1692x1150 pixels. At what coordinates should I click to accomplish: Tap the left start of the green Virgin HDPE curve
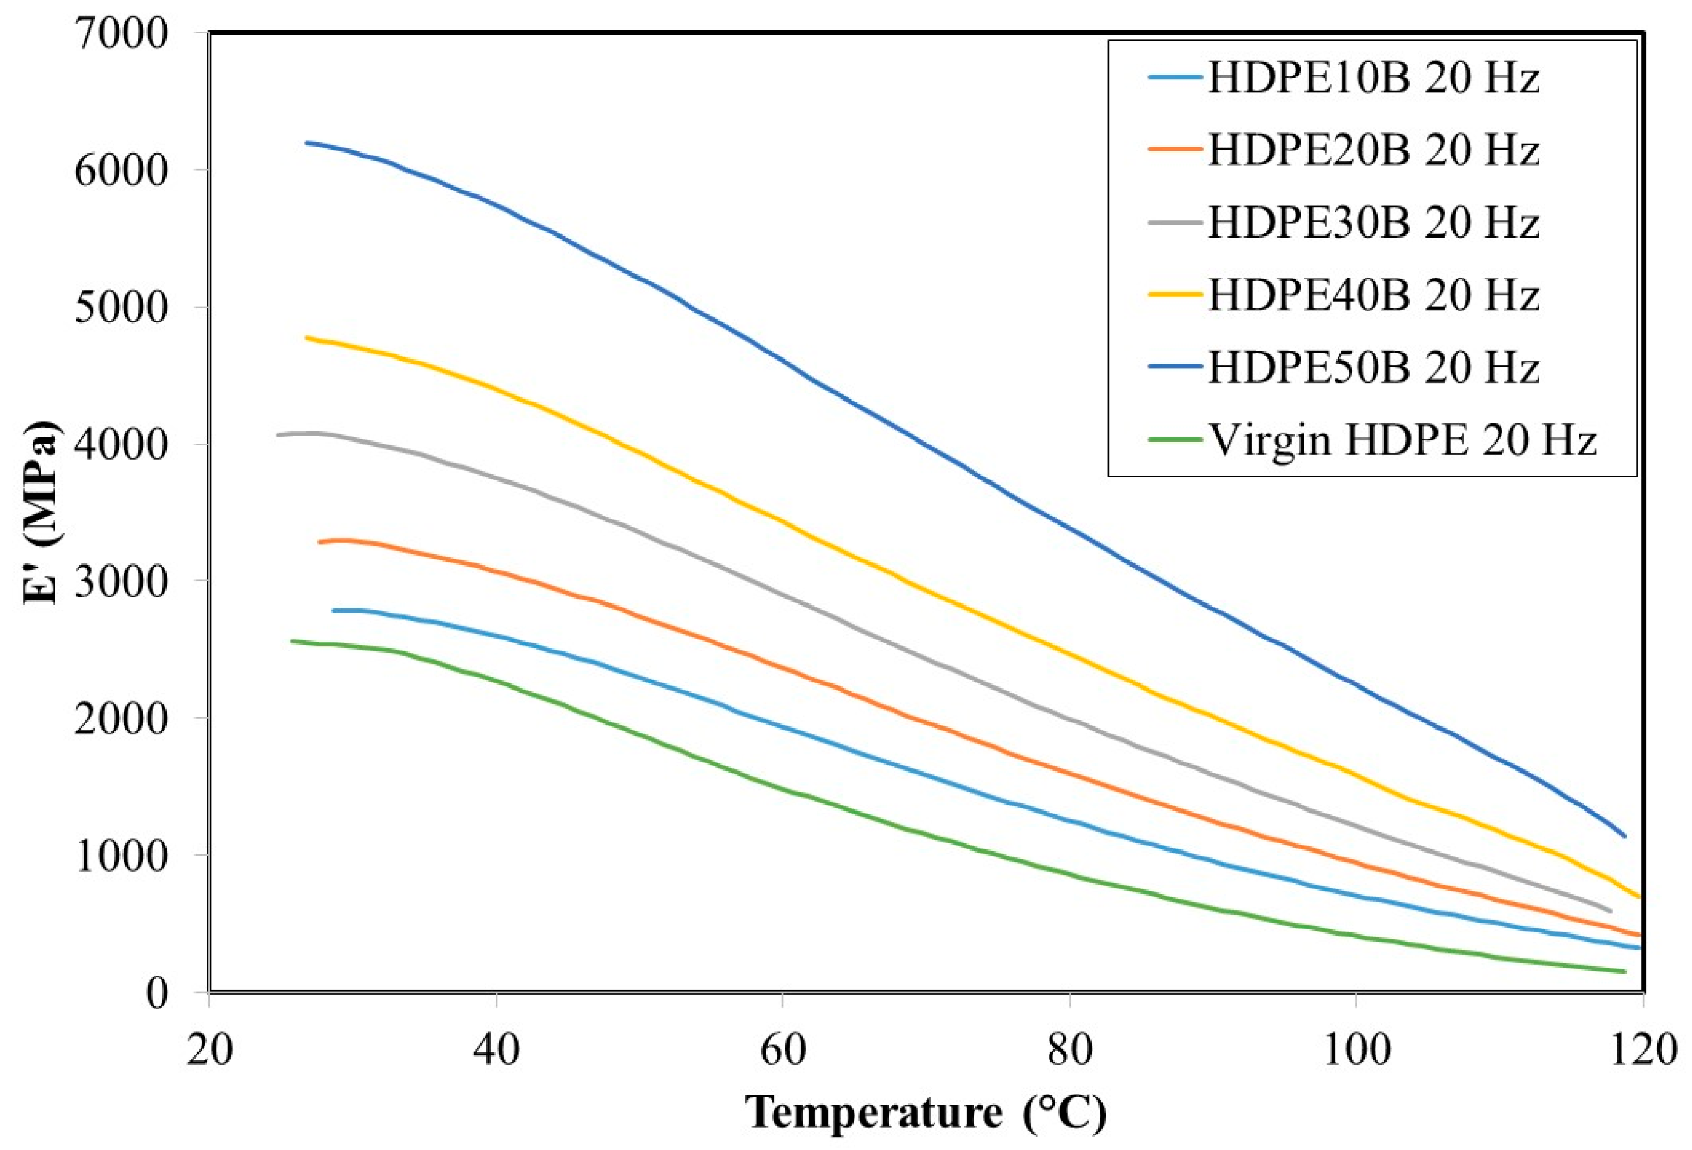[292, 641]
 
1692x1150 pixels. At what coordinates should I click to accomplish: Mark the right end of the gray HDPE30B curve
[1610, 911]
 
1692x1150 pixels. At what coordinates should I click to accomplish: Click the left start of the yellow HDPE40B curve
[307, 337]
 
